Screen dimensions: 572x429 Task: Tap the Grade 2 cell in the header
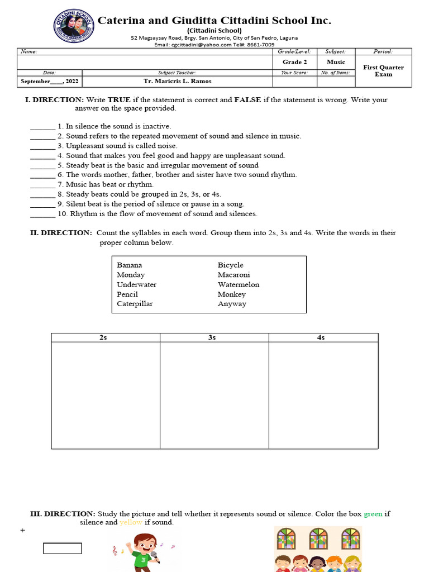294,62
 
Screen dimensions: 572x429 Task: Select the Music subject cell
336,62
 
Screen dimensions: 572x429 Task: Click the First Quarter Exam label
383,71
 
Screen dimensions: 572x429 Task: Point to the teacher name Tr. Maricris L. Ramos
178,81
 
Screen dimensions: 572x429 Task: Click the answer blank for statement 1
42,127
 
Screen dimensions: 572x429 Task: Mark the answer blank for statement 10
42,214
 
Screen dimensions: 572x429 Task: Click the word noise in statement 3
166,146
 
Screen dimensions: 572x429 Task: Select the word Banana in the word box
130,265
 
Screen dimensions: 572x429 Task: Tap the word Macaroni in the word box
233,275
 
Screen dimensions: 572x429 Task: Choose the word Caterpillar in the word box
135,304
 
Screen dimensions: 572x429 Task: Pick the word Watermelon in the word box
239,284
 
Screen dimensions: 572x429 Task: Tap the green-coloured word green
373,514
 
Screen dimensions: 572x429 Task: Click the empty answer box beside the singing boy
63,549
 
